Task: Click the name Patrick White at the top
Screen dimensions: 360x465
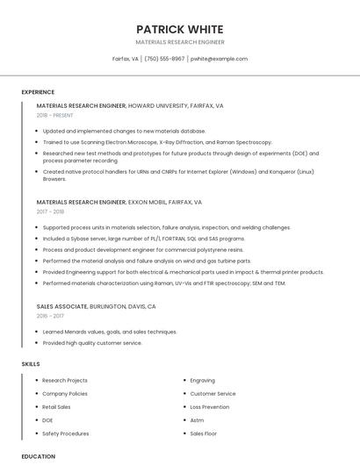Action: [180, 29]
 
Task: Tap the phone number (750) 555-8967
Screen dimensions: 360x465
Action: [164, 59]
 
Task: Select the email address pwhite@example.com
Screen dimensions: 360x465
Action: [219, 59]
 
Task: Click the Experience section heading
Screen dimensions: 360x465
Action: [38, 92]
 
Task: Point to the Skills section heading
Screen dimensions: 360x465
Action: [31, 363]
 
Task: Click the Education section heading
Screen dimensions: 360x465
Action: [38, 456]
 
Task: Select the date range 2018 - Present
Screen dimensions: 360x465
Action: [56, 115]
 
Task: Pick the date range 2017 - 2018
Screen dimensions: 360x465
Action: [50, 211]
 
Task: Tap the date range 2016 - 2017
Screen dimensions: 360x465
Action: [50, 316]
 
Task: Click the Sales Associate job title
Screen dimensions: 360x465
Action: [61, 306]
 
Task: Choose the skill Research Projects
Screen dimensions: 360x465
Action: [65, 381]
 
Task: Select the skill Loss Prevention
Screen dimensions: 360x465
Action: [210, 407]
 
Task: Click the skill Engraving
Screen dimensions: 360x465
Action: [203, 381]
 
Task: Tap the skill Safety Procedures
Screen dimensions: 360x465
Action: [66, 433]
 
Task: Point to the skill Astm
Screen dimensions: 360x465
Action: [197, 420]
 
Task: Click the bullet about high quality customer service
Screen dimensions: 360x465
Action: [92, 343]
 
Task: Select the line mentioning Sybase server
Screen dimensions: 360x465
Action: [143, 239]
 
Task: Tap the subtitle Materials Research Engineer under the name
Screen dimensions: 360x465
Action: [180, 42]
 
